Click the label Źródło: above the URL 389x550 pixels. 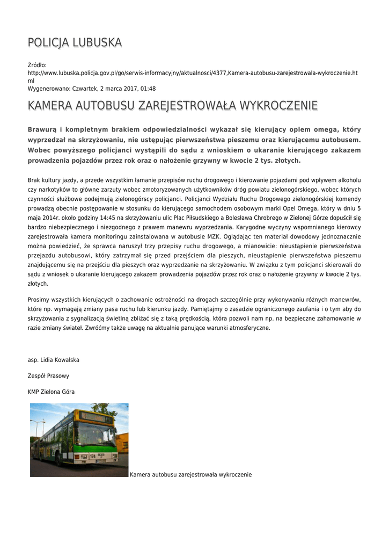pos(37,65)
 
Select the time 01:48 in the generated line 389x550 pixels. pos(148,89)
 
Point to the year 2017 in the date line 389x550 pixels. pos(130,89)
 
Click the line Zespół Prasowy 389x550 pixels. pos(48,376)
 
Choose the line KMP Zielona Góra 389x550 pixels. pos(51,392)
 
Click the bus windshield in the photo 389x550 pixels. pos(97,434)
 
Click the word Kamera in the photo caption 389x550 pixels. pos(140,475)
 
